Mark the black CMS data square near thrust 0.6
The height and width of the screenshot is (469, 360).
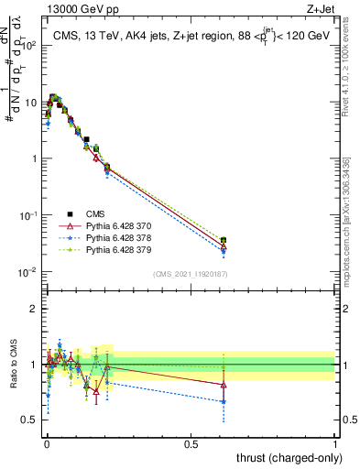[x=224, y=240]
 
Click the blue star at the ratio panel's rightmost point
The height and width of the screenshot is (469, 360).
[x=224, y=401]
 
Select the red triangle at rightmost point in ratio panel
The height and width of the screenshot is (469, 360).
[x=224, y=385]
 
